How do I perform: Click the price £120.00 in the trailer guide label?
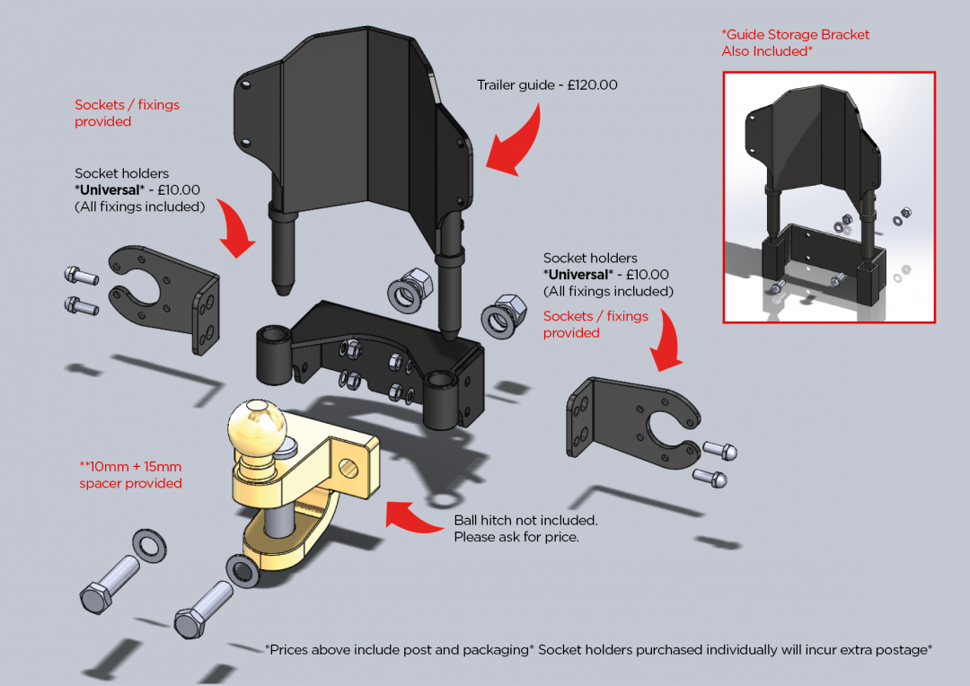click(x=593, y=85)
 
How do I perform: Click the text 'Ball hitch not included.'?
click(x=525, y=521)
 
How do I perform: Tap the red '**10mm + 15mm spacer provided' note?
click(x=130, y=475)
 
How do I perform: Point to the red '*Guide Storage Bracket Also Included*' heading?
click(x=795, y=42)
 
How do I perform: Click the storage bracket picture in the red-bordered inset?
click(x=828, y=198)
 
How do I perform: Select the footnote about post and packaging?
click(x=598, y=649)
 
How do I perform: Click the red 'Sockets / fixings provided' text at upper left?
click(x=127, y=113)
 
